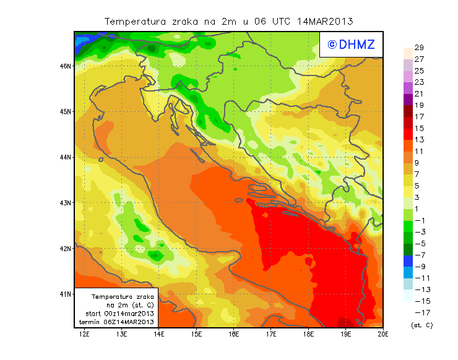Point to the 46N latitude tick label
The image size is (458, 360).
point(66,66)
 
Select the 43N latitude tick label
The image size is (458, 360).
point(66,202)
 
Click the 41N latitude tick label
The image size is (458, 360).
point(66,294)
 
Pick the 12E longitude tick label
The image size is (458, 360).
point(84,334)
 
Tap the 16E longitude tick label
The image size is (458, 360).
point(233,334)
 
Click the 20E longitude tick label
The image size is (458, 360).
point(383,334)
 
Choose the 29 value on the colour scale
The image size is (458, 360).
point(419,48)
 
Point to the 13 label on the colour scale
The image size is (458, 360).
point(419,139)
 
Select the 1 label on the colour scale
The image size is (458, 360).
point(417,208)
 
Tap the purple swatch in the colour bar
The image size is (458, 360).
point(408,99)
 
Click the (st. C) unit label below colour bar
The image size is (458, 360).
point(421,324)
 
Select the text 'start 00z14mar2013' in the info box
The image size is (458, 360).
point(119,314)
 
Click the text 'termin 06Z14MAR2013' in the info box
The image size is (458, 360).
point(119,322)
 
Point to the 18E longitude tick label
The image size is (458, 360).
point(308,334)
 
